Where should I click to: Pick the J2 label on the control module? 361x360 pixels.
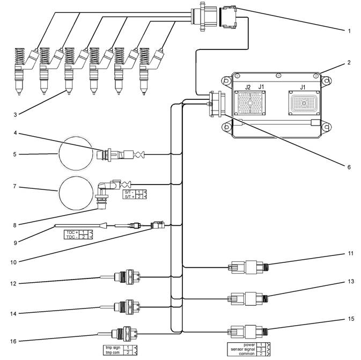click(248, 87)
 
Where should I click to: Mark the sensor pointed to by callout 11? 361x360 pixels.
click(248, 266)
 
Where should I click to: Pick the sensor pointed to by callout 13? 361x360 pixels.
click(248, 298)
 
